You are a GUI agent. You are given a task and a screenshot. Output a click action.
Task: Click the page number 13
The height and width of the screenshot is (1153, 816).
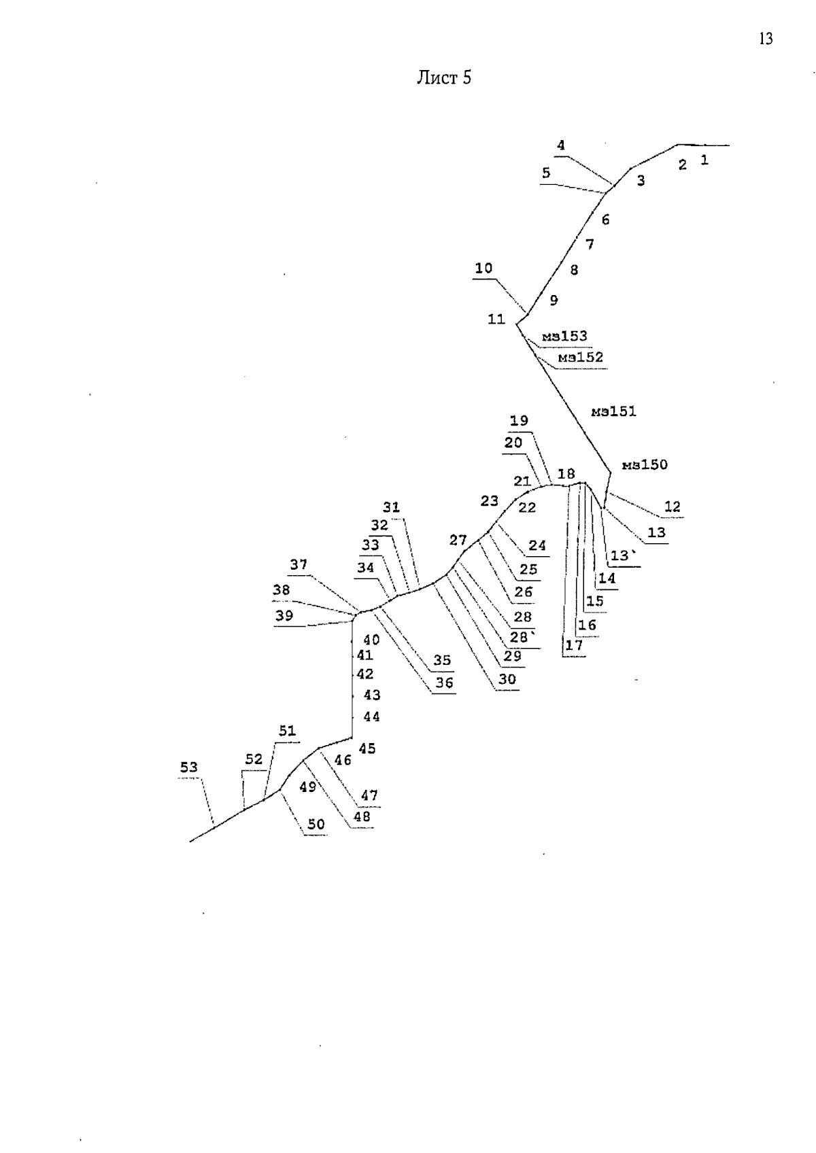(766, 39)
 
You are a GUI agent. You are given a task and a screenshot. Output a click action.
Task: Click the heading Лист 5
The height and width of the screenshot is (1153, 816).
(444, 78)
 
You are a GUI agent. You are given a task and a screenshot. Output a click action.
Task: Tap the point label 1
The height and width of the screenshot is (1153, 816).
(704, 160)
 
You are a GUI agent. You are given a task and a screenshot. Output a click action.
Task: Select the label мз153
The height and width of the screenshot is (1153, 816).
(564, 336)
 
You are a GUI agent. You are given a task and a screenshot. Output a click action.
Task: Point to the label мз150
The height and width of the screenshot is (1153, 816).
(645, 465)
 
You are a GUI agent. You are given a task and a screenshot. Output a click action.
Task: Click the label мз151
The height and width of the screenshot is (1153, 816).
(613, 411)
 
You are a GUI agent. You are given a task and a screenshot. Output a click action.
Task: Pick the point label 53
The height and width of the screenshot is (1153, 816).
(189, 767)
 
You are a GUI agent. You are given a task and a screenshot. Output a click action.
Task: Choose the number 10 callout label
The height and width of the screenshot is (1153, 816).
(484, 268)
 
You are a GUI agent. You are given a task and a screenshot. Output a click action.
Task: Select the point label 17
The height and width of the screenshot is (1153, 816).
(574, 645)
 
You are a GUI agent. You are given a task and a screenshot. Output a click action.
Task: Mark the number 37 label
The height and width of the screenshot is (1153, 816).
(299, 564)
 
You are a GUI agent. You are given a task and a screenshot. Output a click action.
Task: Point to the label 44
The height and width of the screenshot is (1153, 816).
(372, 716)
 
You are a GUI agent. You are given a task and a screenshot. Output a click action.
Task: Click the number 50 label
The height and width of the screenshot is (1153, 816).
(316, 824)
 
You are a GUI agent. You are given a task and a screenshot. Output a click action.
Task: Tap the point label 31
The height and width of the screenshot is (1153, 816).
(391, 507)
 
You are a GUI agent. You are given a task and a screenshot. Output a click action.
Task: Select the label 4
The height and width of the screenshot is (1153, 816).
(560, 145)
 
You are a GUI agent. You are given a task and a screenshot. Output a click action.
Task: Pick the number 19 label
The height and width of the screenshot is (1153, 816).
(519, 421)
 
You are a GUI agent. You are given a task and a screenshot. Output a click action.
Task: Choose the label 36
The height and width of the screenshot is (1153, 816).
(444, 683)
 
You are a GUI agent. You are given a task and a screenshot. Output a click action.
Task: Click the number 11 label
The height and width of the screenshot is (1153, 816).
(496, 319)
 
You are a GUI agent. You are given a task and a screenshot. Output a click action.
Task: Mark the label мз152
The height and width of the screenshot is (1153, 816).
(581, 357)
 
